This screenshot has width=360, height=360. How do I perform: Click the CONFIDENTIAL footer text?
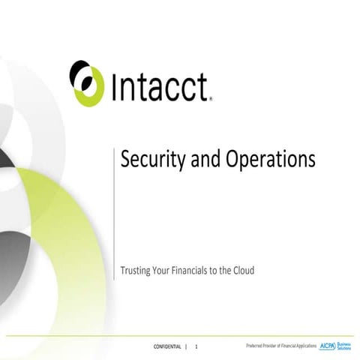[166, 346]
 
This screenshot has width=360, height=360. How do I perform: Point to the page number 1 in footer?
[196, 346]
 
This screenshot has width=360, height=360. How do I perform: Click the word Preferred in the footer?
[257, 346]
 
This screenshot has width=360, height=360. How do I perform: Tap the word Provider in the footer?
[276, 346]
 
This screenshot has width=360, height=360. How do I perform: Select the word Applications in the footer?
[303, 346]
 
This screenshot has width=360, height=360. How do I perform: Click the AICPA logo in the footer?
[328, 346]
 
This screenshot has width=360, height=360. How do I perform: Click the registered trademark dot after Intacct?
[211, 97]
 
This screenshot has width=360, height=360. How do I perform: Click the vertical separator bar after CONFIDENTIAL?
[187, 346]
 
